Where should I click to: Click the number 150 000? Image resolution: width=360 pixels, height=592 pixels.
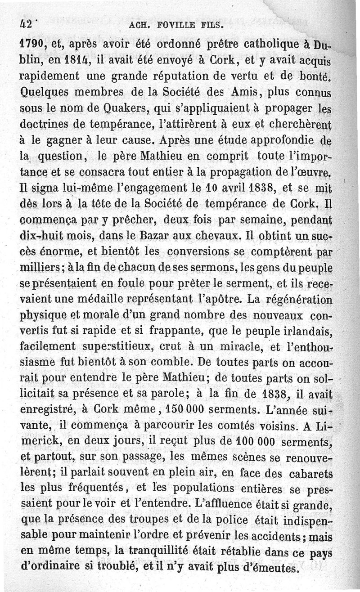click(x=184, y=410)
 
